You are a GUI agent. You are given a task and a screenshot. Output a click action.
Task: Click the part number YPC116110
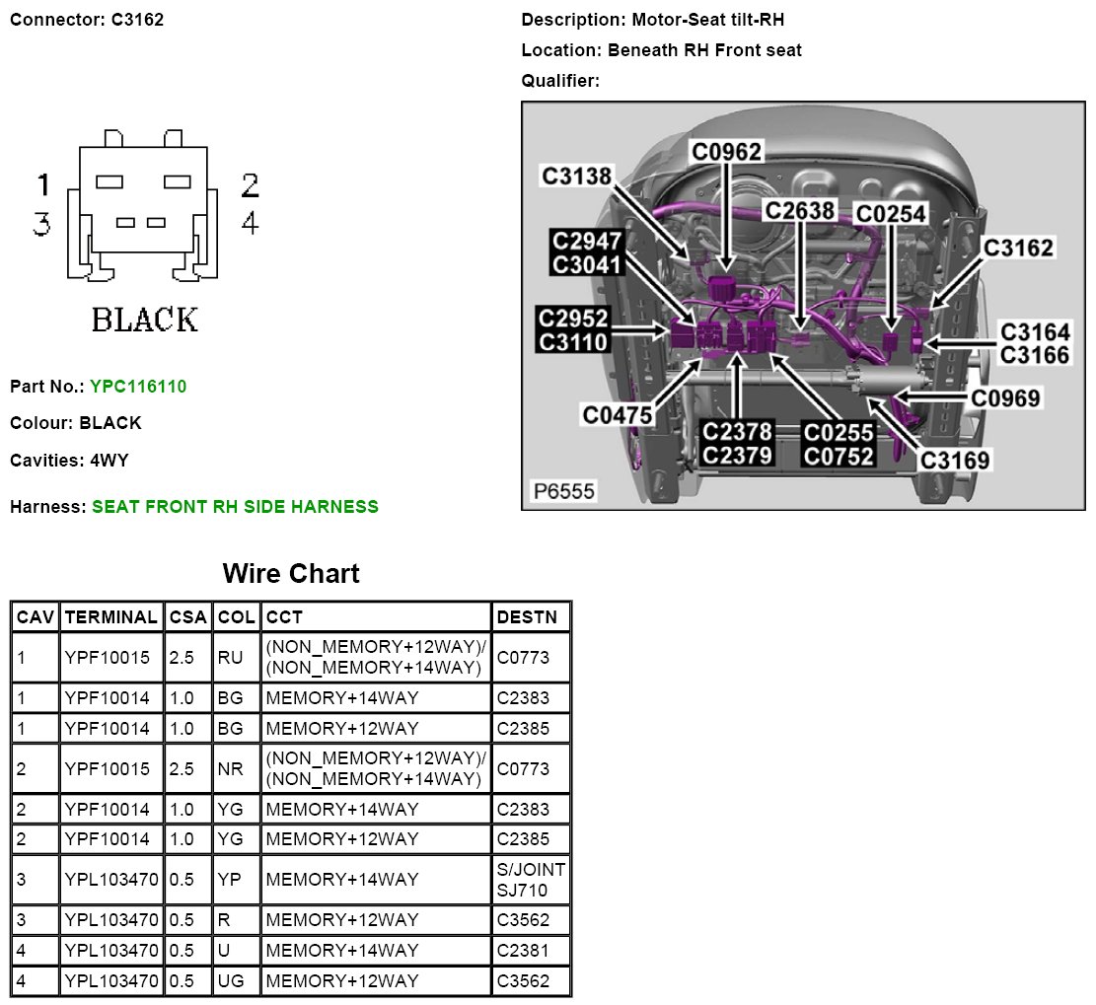(137, 387)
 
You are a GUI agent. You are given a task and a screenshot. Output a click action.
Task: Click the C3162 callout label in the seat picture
(1018, 248)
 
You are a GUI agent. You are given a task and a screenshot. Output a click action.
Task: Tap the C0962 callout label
(725, 151)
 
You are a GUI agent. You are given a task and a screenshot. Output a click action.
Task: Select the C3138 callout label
(577, 176)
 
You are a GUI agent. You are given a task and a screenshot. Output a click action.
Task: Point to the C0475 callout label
(618, 415)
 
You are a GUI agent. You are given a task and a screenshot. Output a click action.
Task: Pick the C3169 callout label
(954, 460)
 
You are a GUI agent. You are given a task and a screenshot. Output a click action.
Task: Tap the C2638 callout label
(800, 210)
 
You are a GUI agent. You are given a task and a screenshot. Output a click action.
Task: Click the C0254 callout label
(891, 214)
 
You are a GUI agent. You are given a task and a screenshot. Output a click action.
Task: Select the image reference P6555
(564, 490)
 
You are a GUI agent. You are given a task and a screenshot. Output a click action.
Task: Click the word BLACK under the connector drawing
(144, 320)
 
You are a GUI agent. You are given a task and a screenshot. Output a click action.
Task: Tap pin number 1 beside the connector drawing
(42, 184)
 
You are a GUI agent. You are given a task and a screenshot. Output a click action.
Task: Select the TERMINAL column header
(110, 617)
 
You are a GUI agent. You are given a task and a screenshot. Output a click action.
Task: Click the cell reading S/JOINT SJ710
(532, 879)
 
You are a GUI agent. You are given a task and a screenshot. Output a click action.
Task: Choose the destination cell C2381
(523, 951)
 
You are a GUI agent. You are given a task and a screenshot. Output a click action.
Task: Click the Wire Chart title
(291, 573)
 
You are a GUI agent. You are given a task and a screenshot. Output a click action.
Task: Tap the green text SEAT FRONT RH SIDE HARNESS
(235, 507)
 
